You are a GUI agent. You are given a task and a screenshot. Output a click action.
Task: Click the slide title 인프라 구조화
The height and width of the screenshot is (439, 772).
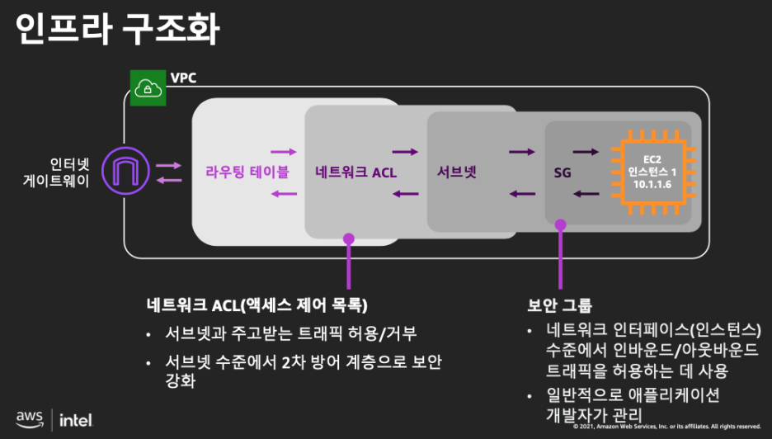(118, 29)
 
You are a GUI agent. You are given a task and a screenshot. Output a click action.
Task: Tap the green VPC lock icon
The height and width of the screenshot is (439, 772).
(146, 87)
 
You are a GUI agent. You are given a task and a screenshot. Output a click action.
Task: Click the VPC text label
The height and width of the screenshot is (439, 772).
(183, 78)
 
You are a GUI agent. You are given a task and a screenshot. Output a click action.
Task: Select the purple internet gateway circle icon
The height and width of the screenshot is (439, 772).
(124, 172)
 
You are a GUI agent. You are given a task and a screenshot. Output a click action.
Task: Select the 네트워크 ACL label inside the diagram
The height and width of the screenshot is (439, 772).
(355, 172)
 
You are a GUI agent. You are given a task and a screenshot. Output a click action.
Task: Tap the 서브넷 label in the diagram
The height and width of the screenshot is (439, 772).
(457, 172)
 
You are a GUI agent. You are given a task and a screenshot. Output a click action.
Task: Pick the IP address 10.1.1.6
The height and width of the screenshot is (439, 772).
(652, 186)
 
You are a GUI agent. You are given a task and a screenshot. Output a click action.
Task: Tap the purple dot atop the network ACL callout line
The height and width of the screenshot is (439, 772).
(348, 238)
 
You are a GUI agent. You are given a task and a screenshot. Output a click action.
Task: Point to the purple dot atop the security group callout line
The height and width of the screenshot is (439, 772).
(561, 224)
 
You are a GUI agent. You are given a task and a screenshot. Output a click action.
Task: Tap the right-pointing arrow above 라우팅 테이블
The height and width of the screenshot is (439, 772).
(283, 152)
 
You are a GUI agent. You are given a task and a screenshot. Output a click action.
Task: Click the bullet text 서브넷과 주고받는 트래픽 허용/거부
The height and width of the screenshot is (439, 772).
(292, 334)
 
